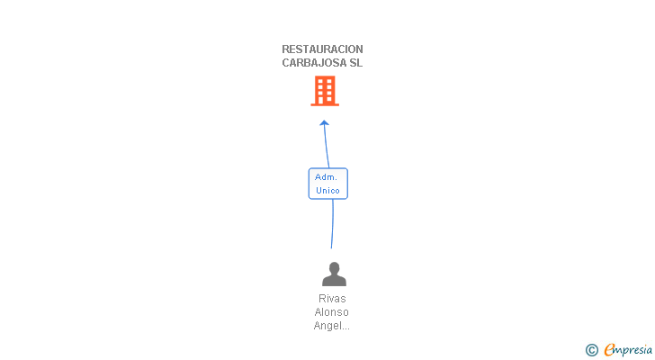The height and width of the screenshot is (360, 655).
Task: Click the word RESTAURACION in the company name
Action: click(x=322, y=49)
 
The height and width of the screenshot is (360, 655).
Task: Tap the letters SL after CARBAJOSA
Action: click(x=355, y=63)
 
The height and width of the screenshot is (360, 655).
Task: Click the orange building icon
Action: click(x=325, y=91)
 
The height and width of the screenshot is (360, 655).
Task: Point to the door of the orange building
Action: click(x=325, y=101)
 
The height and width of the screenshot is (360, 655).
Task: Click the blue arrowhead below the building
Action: click(x=325, y=123)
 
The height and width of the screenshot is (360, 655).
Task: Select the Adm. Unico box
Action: click(x=327, y=184)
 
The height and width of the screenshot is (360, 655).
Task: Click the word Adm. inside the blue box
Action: click(x=326, y=177)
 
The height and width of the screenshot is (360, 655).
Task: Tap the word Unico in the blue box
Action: click(x=327, y=191)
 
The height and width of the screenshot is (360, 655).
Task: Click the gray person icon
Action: click(x=334, y=274)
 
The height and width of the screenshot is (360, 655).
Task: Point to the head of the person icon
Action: click(x=334, y=267)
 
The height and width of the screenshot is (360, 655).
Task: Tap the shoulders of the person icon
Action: click(x=334, y=281)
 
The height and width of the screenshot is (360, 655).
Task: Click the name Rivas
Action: click(x=332, y=298)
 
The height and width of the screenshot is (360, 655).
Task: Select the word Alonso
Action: click(x=332, y=311)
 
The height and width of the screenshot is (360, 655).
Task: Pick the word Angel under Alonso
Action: click(x=326, y=326)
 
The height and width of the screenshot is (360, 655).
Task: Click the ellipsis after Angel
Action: click(x=345, y=328)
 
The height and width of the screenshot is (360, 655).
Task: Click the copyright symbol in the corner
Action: click(x=591, y=350)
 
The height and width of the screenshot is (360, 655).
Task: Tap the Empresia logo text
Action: click(x=627, y=349)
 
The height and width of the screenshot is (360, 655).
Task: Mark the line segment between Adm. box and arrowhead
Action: click(x=327, y=147)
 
